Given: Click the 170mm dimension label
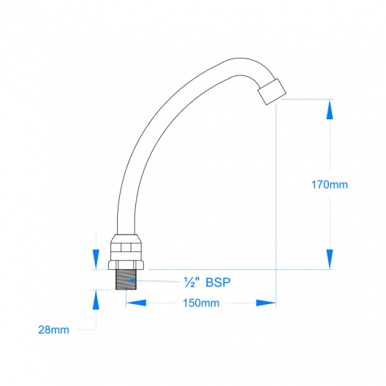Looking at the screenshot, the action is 330,185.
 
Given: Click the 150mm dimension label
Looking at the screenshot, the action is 201,303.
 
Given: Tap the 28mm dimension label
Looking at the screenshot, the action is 53,330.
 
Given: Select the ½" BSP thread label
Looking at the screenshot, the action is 207,282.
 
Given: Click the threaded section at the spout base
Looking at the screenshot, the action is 126,279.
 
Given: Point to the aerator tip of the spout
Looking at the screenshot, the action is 272,92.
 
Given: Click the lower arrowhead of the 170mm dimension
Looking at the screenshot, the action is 330,259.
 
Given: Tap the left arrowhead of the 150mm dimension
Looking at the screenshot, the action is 136,303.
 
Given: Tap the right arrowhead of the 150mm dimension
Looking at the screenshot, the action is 266,303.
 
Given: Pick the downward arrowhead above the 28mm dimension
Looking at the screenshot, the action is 96,260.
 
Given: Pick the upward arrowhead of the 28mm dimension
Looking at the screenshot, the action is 96,300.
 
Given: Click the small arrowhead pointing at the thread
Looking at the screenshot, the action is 131,280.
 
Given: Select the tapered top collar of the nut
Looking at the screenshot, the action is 126,238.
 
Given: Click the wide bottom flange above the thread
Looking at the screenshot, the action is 126,265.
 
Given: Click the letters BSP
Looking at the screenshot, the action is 218,282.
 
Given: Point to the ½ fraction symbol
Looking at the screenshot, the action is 189,282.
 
